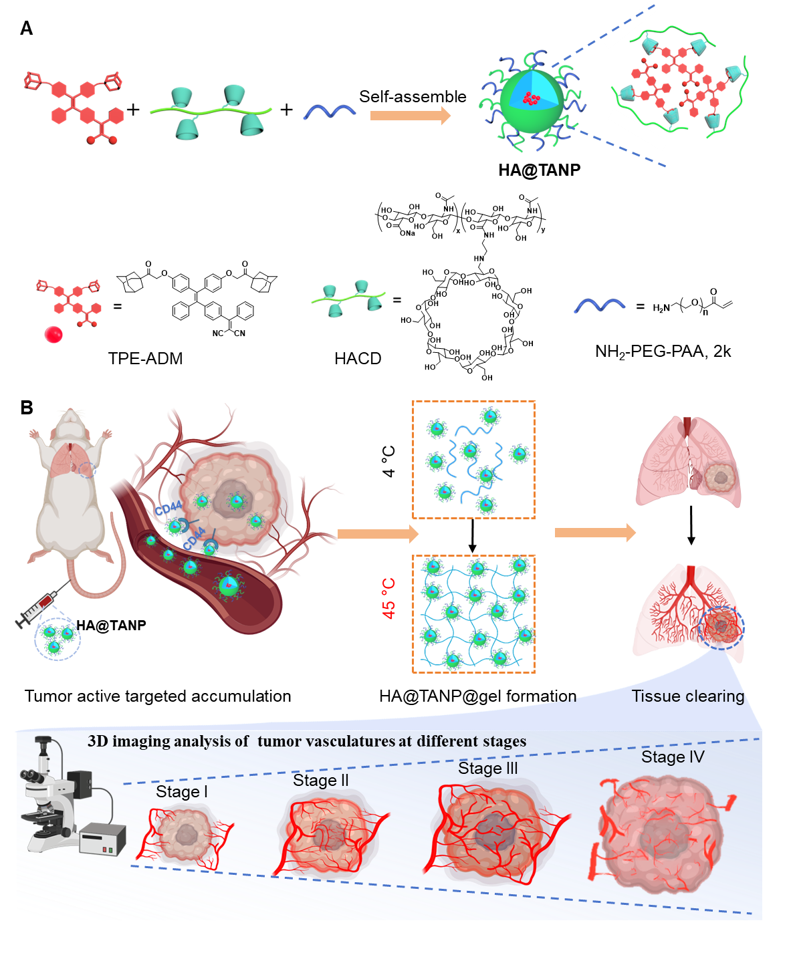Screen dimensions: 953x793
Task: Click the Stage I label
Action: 181,792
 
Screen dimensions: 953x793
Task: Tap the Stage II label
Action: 320,781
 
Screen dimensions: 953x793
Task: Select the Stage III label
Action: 487,769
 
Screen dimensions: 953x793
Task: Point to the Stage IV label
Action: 672,757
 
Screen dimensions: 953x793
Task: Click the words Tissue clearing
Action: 688,696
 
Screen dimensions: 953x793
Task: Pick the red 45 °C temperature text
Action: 388,599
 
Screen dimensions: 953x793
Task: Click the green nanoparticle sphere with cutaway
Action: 532,102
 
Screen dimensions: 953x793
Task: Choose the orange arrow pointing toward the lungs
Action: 595,533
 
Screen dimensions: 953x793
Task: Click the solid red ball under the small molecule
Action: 53,334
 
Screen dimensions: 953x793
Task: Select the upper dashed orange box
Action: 473,460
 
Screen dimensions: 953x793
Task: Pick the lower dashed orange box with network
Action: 473,614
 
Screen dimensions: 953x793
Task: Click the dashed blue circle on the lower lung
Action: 721,628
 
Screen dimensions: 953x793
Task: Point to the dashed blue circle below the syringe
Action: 58,639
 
